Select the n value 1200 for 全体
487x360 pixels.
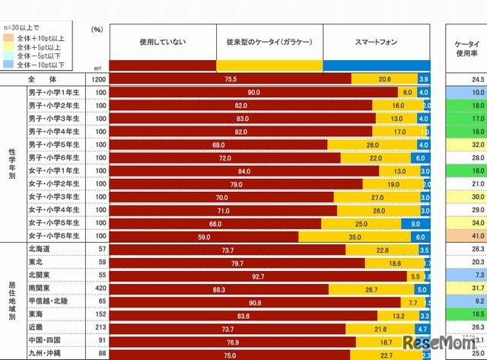(x=97, y=78)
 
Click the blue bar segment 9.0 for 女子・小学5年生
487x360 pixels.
(x=416, y=224)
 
